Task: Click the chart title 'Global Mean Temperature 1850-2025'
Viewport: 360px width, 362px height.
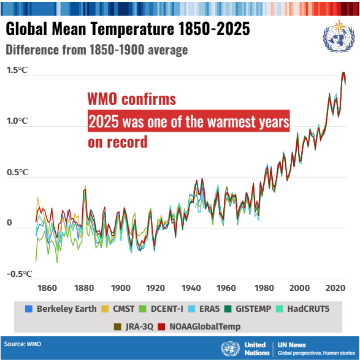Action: (128, 30)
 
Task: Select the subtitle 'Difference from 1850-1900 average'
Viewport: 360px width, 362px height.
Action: (96, 50)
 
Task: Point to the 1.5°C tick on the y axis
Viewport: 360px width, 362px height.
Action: (17, 70)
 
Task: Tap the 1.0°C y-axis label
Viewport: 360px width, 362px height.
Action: (17, 121)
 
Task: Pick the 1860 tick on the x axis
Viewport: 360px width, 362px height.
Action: (47, 288)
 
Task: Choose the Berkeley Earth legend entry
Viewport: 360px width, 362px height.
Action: (61, 309)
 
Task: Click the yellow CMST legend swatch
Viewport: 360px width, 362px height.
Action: (106, 309)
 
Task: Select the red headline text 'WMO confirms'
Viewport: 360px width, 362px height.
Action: (131, 99)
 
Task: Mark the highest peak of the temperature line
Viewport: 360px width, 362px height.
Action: (343, 72)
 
